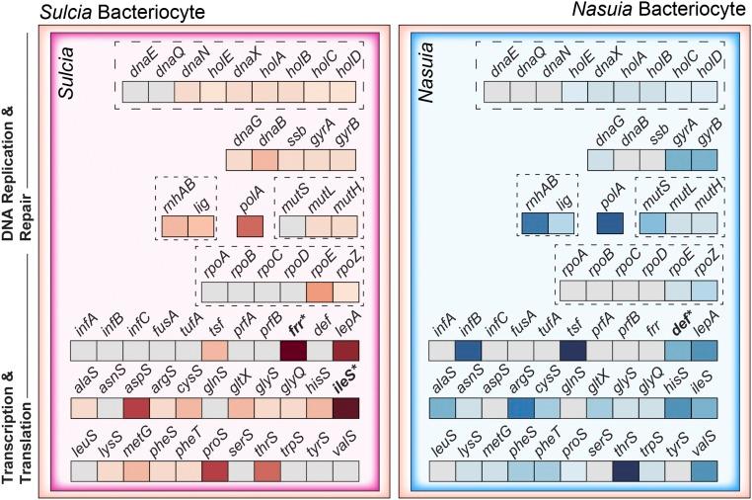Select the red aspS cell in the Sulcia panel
point(138,409)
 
